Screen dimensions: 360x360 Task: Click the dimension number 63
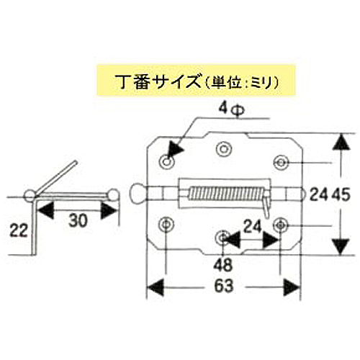(224, 286)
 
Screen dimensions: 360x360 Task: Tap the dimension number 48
(223, 265)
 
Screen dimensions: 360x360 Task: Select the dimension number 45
(341, 194)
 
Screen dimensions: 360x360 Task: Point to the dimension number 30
(78, 220)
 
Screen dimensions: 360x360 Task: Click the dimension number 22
(19, 230)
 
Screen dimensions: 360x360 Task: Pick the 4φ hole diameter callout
(231, 109)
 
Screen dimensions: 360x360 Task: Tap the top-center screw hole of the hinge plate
(224, 149)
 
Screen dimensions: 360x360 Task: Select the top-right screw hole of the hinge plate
(281, 163)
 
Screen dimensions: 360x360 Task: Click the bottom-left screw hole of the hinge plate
(166, 224)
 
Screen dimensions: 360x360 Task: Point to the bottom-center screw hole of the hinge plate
(222, 238)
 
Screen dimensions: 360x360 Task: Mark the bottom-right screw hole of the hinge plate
(281, 225)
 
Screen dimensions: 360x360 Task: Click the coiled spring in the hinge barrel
(227, 194)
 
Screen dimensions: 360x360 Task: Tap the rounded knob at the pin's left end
(138, 194)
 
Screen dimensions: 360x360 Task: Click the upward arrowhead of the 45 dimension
(341, 143)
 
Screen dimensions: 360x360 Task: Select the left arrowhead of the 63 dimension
(155, 287)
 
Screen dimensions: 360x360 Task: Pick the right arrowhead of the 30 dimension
(109, 211)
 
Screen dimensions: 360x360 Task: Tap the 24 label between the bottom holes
(252, 227)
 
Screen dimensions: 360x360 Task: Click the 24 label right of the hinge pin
(319, 194)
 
